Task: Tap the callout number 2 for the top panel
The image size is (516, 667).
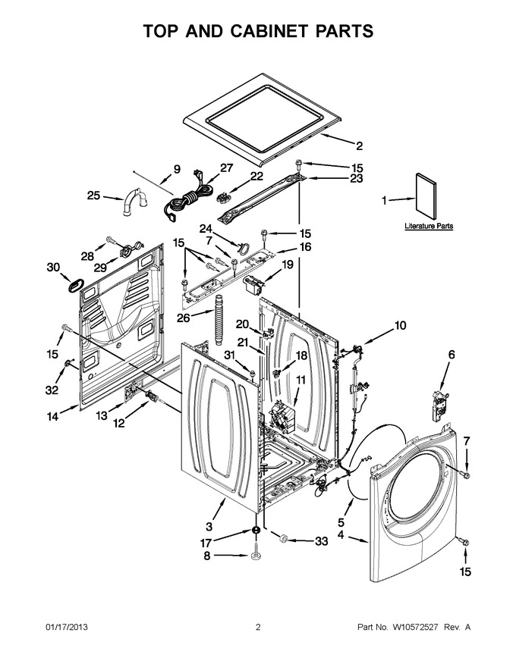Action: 360,146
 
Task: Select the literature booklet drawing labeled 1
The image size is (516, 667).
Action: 426,197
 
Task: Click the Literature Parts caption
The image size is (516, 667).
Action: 429,226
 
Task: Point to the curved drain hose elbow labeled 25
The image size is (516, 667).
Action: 135,201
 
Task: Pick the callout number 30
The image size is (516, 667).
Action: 53,268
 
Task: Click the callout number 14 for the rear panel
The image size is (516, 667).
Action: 53,416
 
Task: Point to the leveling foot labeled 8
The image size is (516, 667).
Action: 256,551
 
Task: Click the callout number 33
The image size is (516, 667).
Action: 322,541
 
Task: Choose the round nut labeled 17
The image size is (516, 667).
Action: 256,531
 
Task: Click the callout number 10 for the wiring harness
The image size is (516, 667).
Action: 400,326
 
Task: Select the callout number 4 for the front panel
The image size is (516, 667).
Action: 341,534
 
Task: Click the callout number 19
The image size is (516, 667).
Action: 288,265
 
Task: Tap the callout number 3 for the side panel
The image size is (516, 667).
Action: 209,527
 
